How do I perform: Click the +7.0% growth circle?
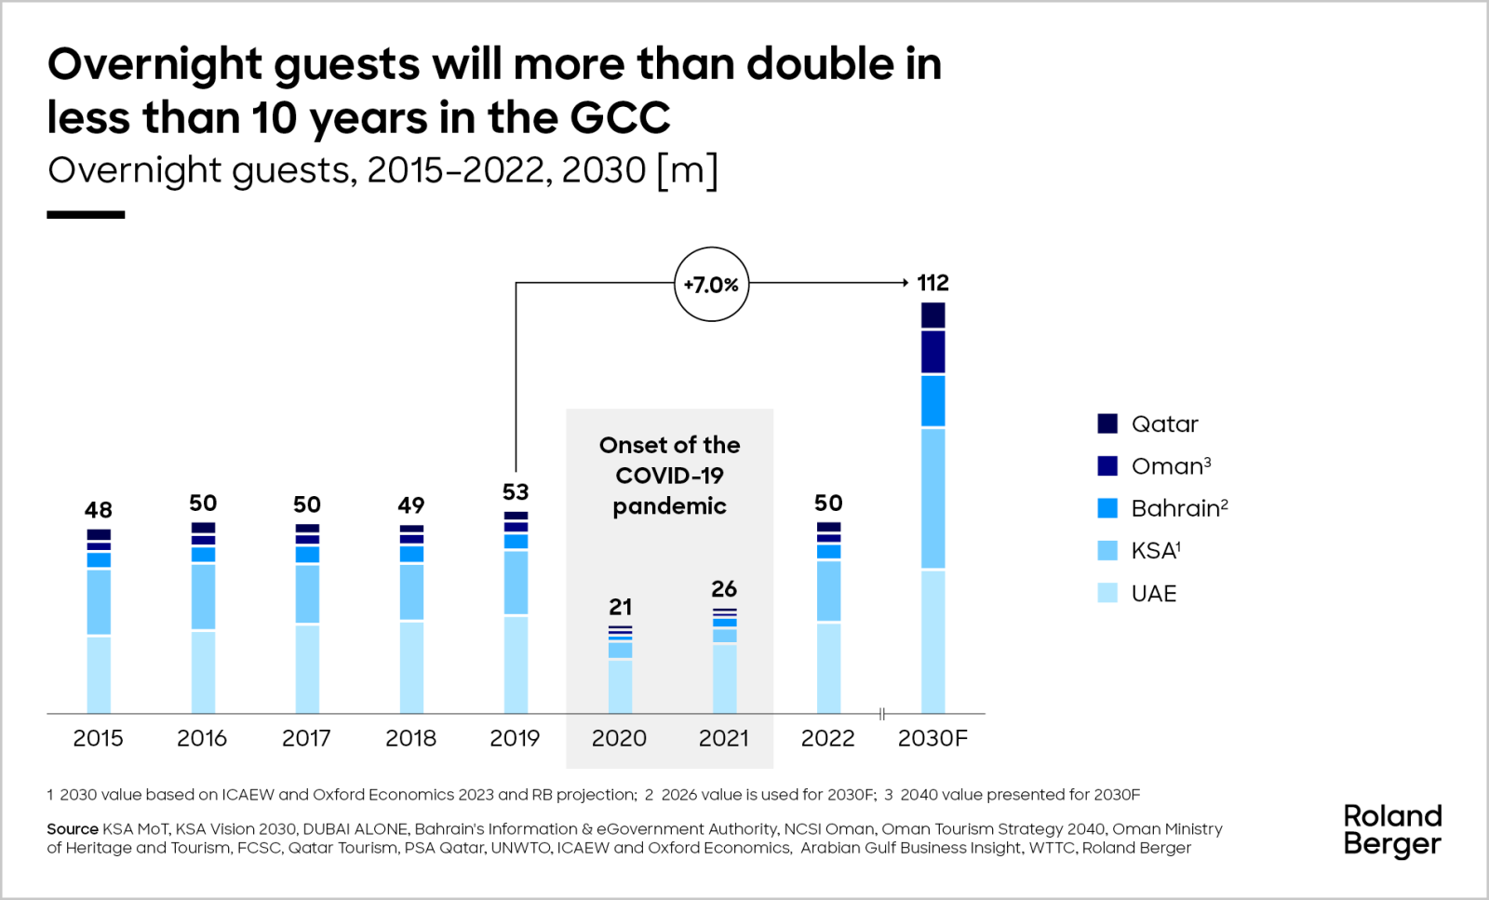click(711, 284)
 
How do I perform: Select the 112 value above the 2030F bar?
click(932, 283)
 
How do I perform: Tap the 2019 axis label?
click(515, 738)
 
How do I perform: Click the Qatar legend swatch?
click(1107, 424)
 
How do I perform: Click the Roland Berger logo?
click(1392, 830)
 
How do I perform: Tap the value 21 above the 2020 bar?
click(620, 607)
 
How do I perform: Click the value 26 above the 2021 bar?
click(724, 589)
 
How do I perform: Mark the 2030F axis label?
click(932, 738)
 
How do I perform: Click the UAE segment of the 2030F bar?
click(932, 642)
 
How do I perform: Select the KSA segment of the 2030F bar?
click(932, 498)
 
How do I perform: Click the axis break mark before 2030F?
click(881, 714)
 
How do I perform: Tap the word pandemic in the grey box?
click(669, 506)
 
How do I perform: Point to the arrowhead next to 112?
click(905, 282)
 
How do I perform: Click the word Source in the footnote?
click(73, 829)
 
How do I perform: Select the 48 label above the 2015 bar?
click(99, 510)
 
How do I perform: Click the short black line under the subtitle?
click(86, 215)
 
